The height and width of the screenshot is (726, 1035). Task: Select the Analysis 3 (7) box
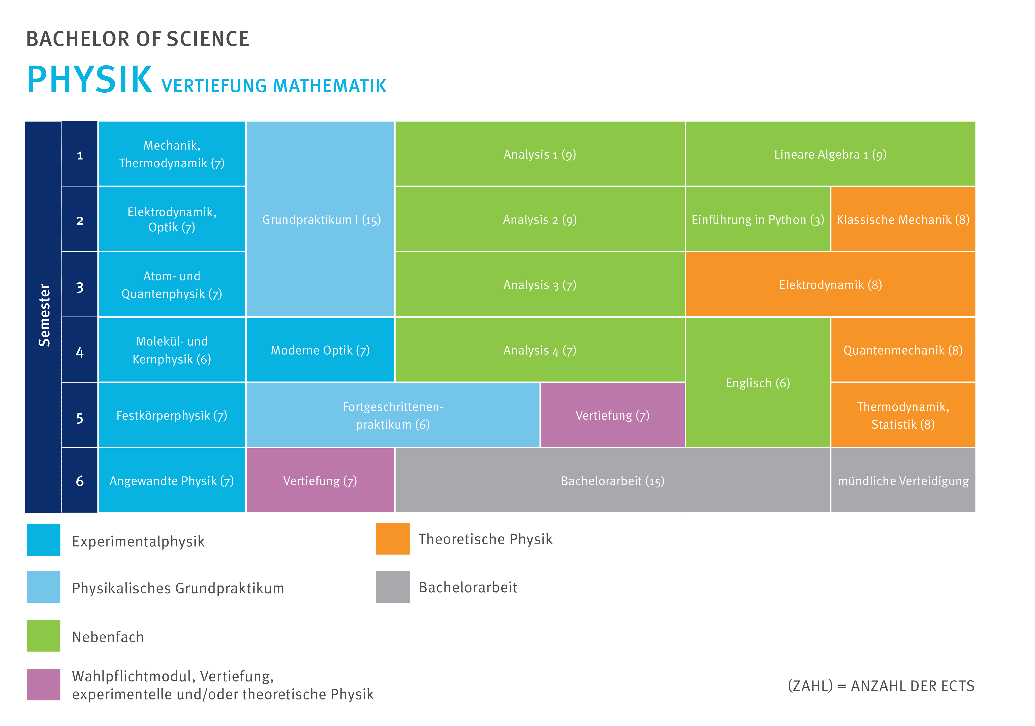click(540, 285)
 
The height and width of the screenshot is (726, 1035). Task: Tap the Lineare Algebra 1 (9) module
click(830, 154)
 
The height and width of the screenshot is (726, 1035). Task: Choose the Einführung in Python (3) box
click(757, 219)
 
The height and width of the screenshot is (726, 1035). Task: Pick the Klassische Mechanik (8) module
click(902, 219)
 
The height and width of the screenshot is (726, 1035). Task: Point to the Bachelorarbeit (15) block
click(612, 481)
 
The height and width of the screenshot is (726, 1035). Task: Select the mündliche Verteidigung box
click(902, 481)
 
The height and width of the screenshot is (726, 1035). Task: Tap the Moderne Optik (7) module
click(320, 350)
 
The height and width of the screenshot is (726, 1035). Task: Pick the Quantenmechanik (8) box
click(902, 350)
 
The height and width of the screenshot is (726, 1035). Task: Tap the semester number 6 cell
click(80, 481)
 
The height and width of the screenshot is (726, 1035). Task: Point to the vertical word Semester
click(44, 316)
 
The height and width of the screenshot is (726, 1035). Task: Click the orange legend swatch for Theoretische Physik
click(393, 539)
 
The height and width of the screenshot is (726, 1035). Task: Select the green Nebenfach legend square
click(43, 635)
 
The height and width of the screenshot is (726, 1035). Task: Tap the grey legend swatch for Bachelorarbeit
click(393, 587)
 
